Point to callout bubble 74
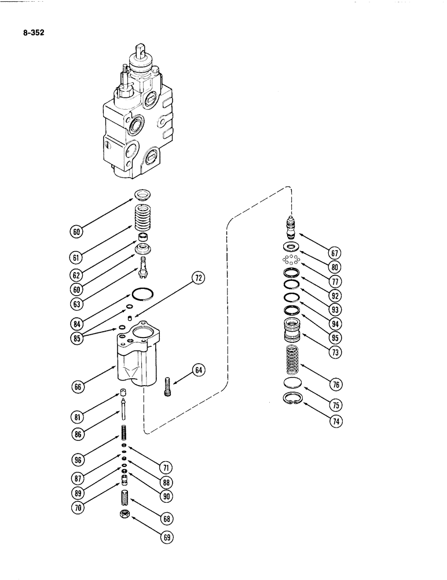(334, 422)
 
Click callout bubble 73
(334, 351)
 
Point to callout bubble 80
(334, 267)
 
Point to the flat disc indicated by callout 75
(294, 383)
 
